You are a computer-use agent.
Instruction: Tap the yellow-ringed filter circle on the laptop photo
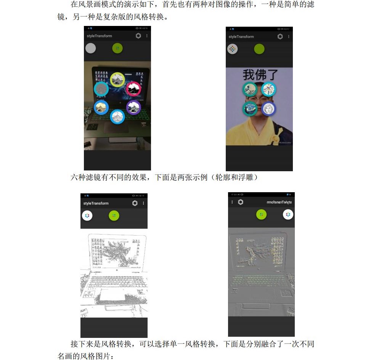[x=117, y=79]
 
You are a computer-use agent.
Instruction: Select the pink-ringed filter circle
[x=133, y=88]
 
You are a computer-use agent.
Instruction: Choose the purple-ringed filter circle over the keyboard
[x=133, y=108]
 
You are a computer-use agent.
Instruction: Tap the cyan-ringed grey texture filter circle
[x=101, y=89]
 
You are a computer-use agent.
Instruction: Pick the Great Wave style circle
[x=250, y=89]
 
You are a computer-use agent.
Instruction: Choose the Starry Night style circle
[x=250, y=109]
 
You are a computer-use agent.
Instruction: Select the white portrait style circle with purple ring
[x=268, y=109]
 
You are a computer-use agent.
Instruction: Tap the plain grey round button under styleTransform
[x=90, y=48]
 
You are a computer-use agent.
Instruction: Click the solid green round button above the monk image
[x=259, y=49]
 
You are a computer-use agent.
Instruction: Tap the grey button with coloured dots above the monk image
[x=232, y=49]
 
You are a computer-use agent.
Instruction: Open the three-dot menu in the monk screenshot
[x=289, y=37]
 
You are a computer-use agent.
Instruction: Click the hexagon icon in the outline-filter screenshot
[x=135, y=203]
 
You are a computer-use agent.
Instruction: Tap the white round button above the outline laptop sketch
[x=87, y=215]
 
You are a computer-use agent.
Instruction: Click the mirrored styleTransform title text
[x=279, y=202]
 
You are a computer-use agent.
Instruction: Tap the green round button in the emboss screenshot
[x=261, y=215]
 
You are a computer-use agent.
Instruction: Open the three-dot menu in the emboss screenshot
[x=232, y=202]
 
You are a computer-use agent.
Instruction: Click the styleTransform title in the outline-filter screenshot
[x=96, y=203]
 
